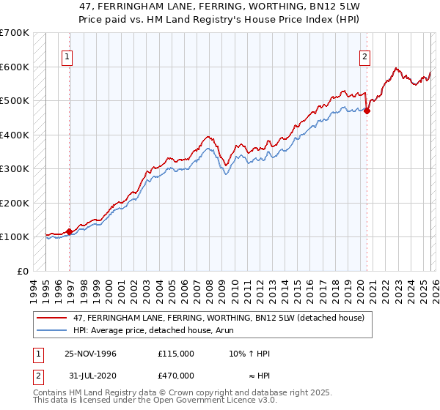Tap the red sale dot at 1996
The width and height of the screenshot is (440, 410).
click(x=70, y=231)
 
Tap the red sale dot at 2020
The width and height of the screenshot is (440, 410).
click(x=367, y=111)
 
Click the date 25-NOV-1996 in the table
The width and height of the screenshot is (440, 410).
click(x=91, y=353)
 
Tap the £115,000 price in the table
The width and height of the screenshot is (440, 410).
click(x=176, y=353)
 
